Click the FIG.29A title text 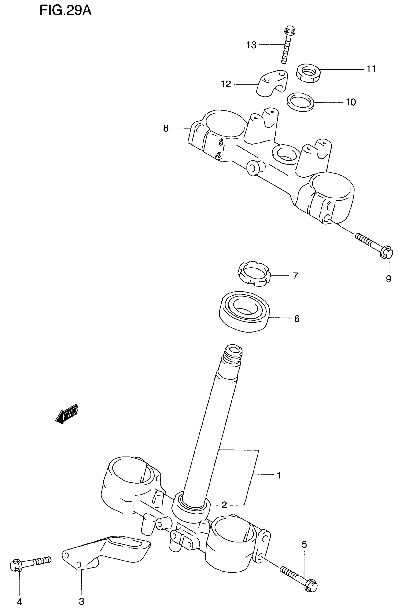(x=65, y=11)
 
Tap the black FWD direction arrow (x=66, y=413)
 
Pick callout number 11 (x=371, y=69)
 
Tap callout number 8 (x=166, y=128)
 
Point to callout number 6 (x=297, y=319)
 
